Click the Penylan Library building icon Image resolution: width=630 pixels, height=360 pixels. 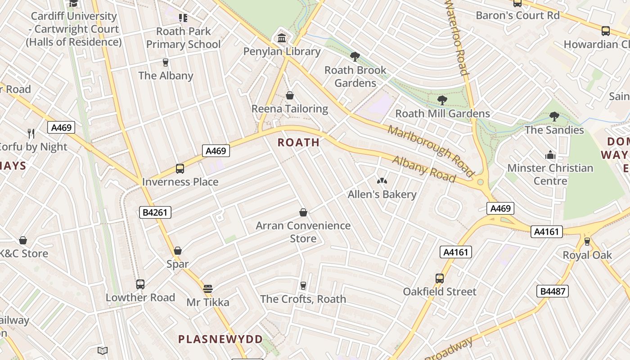click(x=282, y=38)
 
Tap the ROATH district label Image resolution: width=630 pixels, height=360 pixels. click(x=299, y=143)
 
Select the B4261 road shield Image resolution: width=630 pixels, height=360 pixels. click(x=155, y=212)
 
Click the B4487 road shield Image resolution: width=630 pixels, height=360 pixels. click(x=553, y=291)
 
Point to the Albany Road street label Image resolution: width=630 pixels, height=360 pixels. click(x=424, y=170)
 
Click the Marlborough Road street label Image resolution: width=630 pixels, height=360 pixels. click(x=431, y=151)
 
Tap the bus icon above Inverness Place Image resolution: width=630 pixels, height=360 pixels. click(x=180, y=169)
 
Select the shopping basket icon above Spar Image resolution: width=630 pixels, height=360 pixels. click(x=178, y=251)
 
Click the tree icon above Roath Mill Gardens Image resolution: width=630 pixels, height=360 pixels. click(x=442, y=100)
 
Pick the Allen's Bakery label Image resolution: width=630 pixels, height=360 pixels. click(x=382, y=194)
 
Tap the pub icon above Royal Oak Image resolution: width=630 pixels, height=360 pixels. click(x=587, y=242)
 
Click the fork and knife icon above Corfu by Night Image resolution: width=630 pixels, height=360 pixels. click(x=31, y=133)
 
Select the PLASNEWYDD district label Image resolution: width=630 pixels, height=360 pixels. click(x=220, y=339)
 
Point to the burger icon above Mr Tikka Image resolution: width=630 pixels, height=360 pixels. click(x=207, y=288)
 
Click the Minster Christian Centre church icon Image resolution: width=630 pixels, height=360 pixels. click(x=550, y=155)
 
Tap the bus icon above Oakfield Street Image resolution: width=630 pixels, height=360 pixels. click(x=440, y=279)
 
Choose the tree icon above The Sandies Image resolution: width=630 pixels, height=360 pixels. click(x=554, y=117)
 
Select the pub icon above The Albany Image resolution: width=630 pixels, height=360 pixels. click(x=166, y=62)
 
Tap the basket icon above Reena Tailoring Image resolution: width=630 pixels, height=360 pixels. click(x=290, y=95)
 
